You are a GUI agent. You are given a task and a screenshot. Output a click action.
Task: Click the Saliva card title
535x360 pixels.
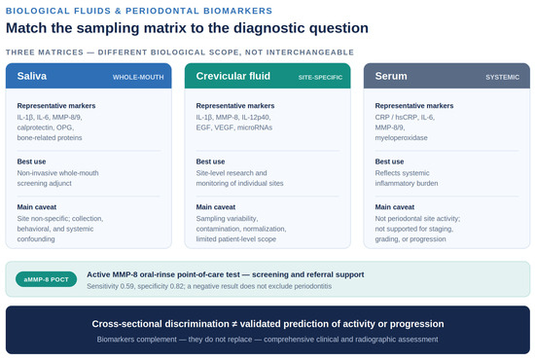click(x=32, y=76)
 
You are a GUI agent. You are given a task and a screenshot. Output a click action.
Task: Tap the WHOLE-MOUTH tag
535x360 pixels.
click(x=138, y=78)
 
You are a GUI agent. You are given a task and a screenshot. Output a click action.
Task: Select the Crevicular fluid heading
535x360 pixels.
click(x=233, y=76)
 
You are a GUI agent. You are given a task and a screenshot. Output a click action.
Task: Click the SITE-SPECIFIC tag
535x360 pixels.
click(x=320, y=78)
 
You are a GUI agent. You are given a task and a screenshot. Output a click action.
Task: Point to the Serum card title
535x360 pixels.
click(x=391, y=76)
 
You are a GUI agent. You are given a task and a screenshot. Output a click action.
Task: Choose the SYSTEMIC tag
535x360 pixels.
click(x=503, y=78)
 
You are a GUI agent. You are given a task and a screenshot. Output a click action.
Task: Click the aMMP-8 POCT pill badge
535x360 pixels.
click(x=46, y=279)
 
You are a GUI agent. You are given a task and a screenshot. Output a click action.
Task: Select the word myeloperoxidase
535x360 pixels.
click(x=401, y=138)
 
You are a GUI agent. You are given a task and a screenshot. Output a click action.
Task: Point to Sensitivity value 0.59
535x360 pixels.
click(x=126, y=286)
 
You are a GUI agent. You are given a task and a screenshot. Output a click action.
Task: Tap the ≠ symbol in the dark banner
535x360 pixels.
click(x=234, y=324)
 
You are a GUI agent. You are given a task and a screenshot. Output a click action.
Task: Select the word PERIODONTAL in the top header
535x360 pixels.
click(x=162, y=11)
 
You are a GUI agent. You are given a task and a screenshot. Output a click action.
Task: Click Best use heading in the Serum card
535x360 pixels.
click(x=389, y=162)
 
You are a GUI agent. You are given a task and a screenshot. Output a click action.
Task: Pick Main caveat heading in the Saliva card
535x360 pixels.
click(x=37, y=207)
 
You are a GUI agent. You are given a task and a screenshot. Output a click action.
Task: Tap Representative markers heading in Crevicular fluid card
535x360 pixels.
click(x=235, y=106)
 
